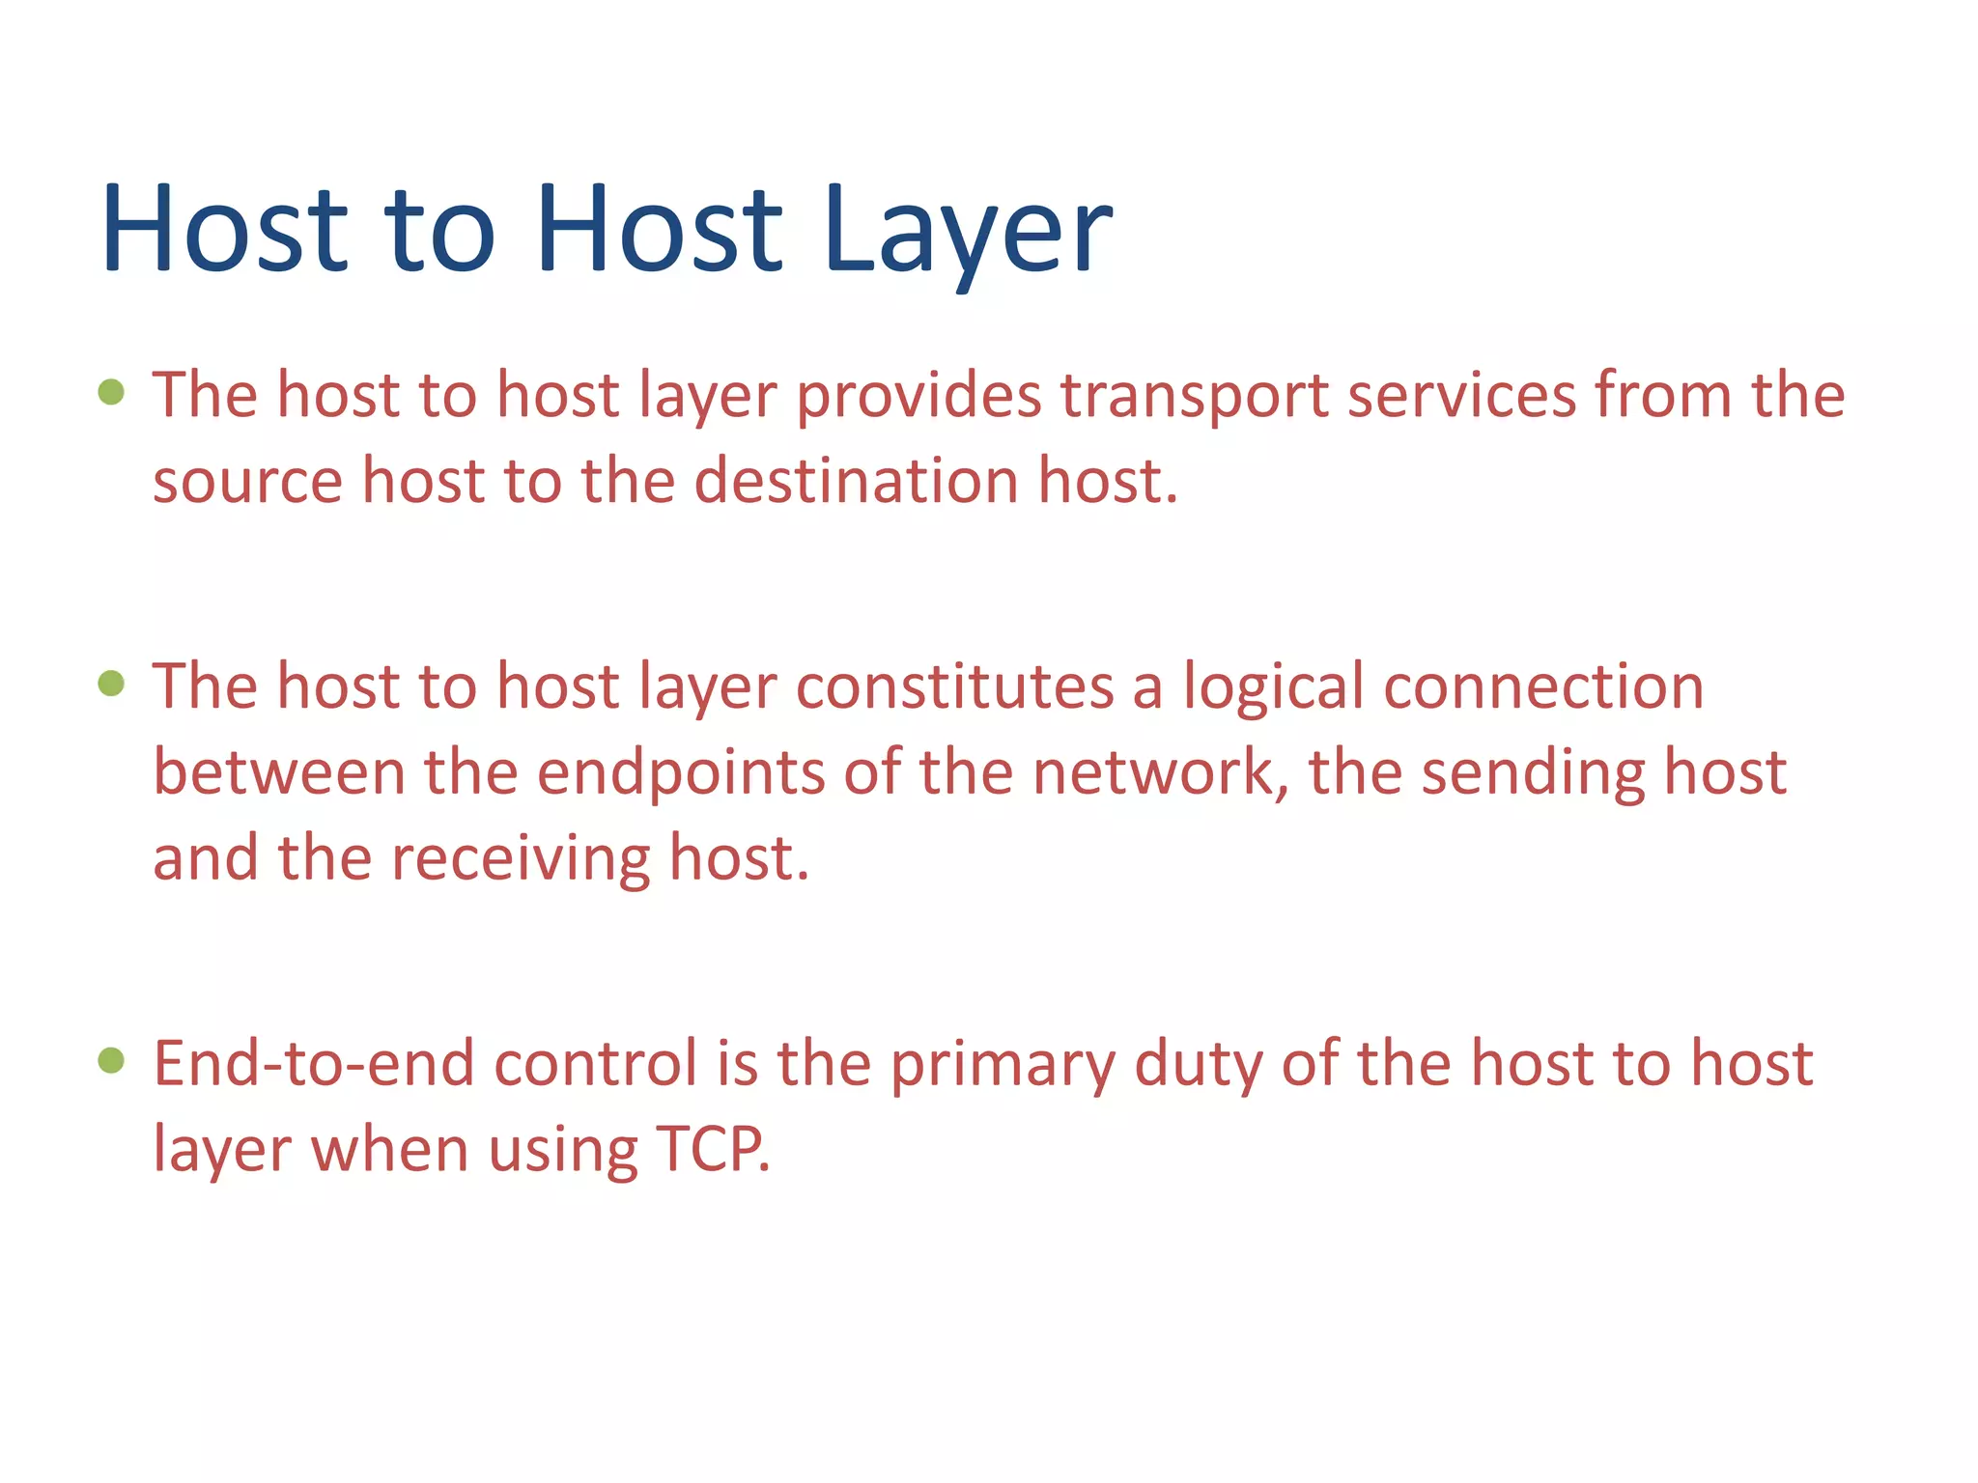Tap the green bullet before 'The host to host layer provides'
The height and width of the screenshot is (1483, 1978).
pyautogui.click(x=112, y=392)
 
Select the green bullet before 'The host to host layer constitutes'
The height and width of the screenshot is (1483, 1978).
pyautogui.click(x=112, y=684)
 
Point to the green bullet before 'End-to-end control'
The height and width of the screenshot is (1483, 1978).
pyautogui.click(x=112, y=1061)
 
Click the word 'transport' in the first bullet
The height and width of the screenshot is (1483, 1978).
pyautogui.click(x=1194, y=396)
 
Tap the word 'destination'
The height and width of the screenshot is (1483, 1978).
pyautogui.click(x=856, y=481)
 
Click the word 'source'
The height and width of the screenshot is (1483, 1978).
pyautogui.click(x=247, y=483)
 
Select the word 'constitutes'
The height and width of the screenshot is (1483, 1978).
pyautogui.click(x=954, y=687)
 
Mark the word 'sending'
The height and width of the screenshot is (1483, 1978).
pyautogui.click(x=1533, y=774)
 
